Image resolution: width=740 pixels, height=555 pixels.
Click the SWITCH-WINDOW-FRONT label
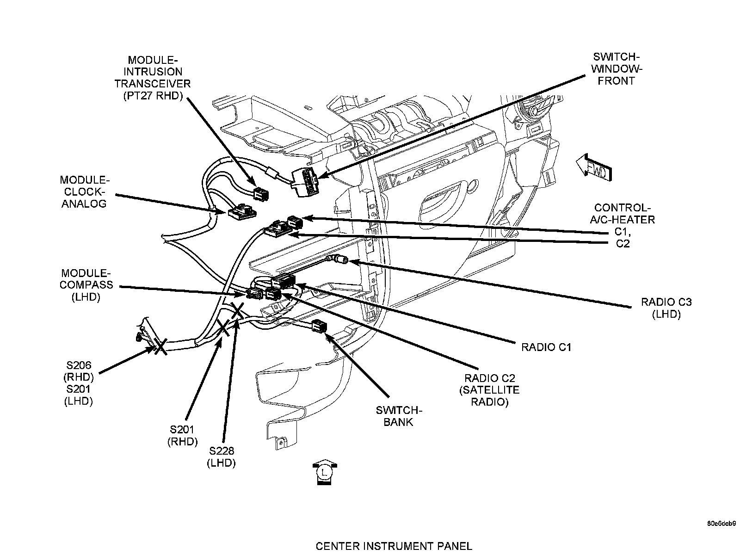[x=616, y=69]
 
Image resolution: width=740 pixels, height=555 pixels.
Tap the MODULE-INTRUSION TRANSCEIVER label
[x=153, y=78]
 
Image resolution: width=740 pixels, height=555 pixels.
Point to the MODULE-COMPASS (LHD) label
[x=86, y=285]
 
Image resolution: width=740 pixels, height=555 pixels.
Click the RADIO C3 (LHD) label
[x=666, y=308]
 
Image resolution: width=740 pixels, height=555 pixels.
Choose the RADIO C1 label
[x=546, y=347]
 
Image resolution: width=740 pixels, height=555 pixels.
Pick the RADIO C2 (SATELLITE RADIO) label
[x=489, y=390]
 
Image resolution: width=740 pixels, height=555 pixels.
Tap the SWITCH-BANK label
[x=398, y=416]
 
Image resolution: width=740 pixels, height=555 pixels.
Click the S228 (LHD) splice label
[x=222, y=457]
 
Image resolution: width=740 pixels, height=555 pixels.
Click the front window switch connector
[x=305, y=182]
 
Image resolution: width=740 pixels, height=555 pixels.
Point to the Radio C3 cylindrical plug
[x=341, y=260]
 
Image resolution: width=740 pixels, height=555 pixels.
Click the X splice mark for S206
[x=160, y=346]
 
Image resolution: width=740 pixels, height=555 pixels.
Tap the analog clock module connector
[x=241, y=213]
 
